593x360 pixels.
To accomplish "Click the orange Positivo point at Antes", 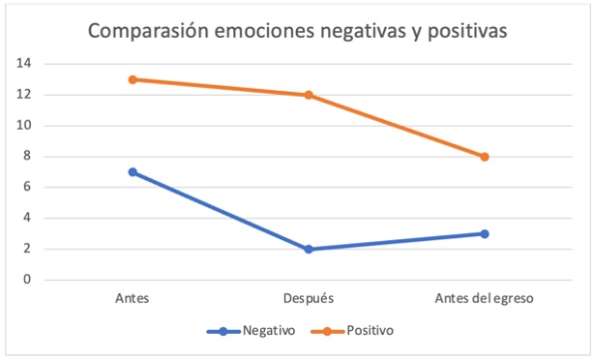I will [x=133, y=79].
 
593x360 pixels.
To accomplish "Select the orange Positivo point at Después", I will [x=309, y=95].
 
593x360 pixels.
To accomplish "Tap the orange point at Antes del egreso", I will [x=484, y=157].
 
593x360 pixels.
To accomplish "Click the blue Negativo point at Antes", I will [x=133, y=172].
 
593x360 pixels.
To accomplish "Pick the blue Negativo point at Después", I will [x=309, y=249].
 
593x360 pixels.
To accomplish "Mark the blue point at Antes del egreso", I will [x=484, y=233].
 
